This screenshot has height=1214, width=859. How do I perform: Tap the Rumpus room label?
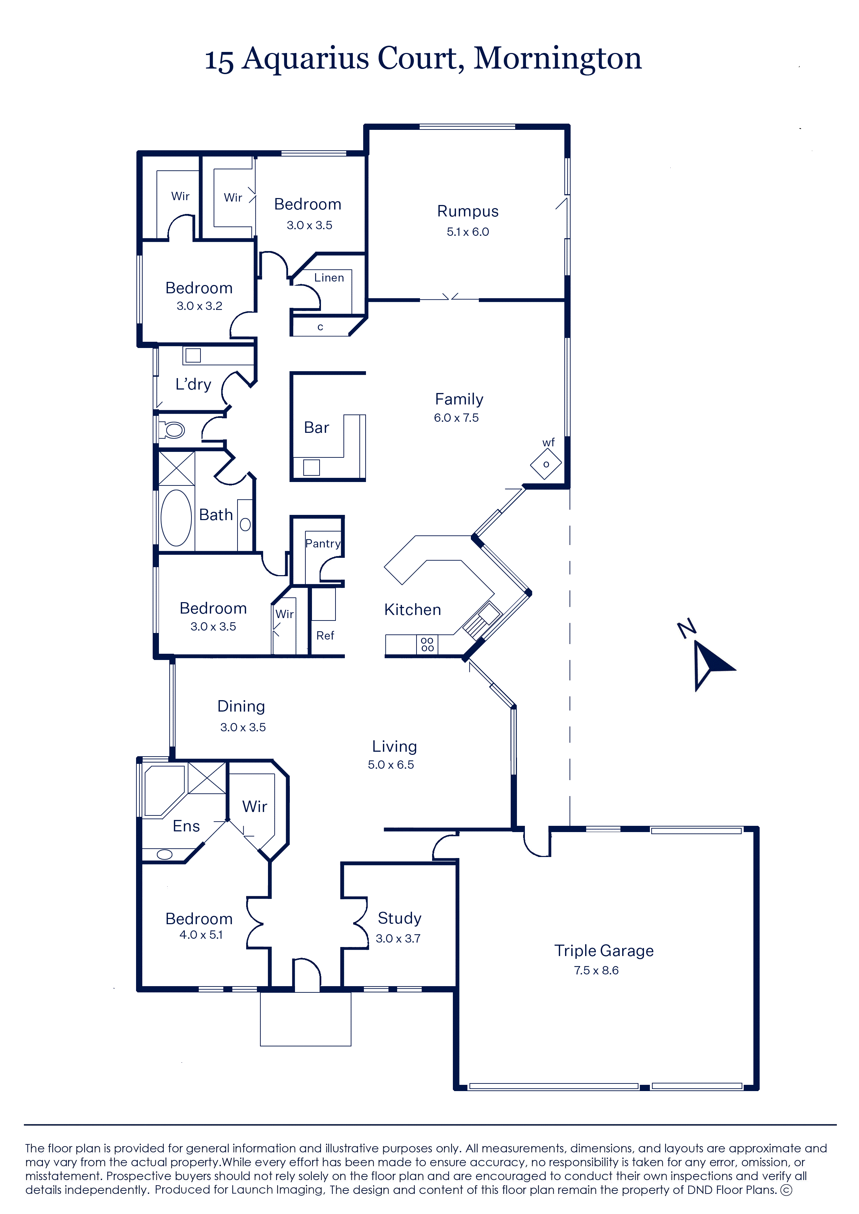click(x=467, y=211)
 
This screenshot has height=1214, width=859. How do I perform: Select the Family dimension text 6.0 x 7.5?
click(x=456, y=418)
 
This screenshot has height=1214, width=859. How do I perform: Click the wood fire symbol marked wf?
click(x=546, y=464)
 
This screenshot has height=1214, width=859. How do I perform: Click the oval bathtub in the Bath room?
click(x=176, y=518)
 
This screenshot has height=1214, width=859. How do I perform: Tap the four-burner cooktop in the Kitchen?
click(x=427, y=644)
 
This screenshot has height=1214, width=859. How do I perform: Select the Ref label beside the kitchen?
click(x=325, y=635)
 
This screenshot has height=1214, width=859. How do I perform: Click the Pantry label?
click(x=323, y=544)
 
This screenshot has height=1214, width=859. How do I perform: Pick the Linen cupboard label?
click(x=329, y=278)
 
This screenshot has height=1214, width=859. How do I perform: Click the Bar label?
click(x=316, y=427)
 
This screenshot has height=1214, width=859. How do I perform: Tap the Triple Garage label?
click(x=604, y=950)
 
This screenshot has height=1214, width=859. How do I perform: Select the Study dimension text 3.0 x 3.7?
click(x=398, y=938)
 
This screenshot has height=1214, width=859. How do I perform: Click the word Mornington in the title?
click(x=557, y=58)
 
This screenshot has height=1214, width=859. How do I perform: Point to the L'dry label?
click(x=193, y=384)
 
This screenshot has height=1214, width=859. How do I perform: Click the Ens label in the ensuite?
click(x=186, y=826)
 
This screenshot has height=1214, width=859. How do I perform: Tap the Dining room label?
click(x=241, y=707)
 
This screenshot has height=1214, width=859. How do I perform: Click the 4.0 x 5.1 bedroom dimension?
click(x=201, y=935)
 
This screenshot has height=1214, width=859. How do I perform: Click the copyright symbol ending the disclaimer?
click(x=787, y=1190)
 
